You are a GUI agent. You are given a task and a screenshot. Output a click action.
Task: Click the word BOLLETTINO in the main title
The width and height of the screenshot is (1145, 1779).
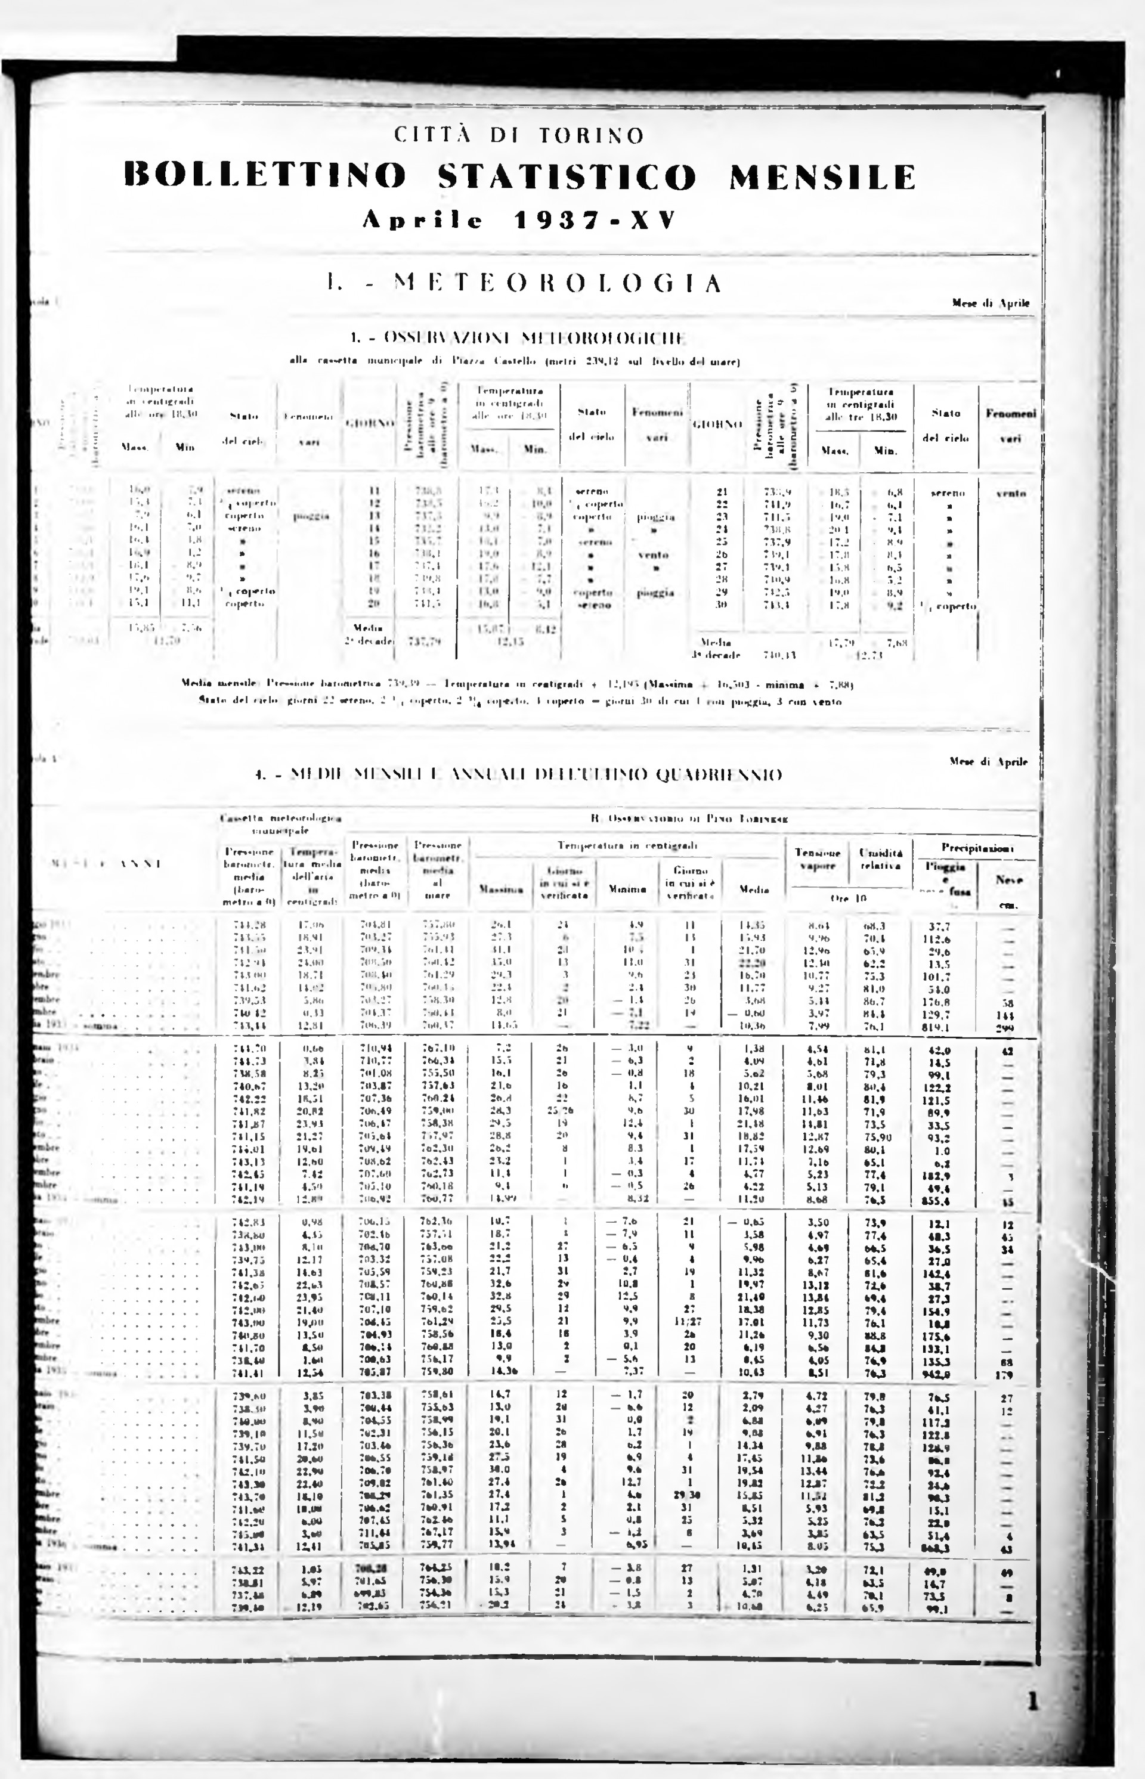click(x=265, y=177)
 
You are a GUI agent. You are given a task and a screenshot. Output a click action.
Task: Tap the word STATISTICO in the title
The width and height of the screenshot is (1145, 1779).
click(x=567, y=177)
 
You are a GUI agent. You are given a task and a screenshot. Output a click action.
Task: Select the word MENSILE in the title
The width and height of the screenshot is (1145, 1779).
click(x=822, y=177)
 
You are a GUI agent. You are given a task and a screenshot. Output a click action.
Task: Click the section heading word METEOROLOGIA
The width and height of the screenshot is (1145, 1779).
click(x=557, y=283)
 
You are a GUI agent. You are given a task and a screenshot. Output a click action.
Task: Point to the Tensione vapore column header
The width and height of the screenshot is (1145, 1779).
click(x=818, y=859)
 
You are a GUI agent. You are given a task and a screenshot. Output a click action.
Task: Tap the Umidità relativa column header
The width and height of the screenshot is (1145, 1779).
click(x=880, y=859)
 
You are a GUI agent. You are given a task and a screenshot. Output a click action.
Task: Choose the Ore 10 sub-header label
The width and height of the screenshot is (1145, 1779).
click(x=850, y=898)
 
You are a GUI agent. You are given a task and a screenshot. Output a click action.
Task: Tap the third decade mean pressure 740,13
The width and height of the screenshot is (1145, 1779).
click(x=780, y=655)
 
